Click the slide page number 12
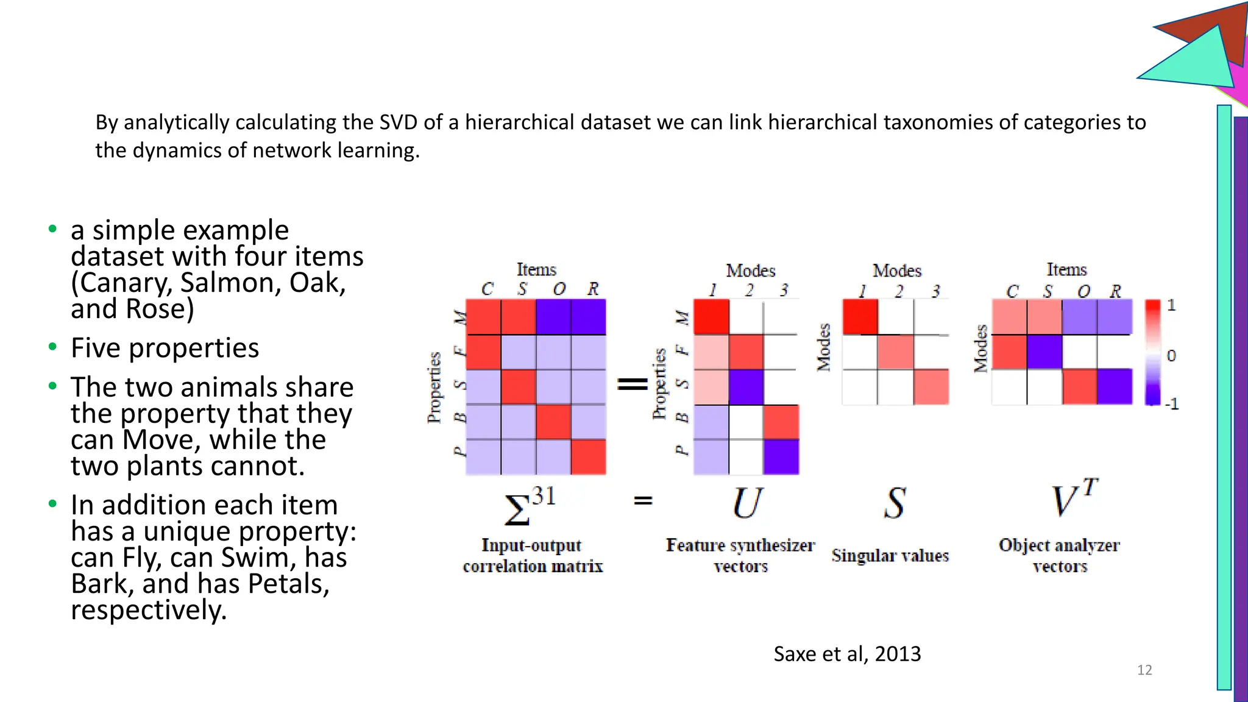[x=1144, y=670]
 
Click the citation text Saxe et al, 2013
[x=846, y=654]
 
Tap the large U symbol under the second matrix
[x=746, y=503]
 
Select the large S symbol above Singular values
[x=895, y=503]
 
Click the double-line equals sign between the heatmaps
[x=633, y=384]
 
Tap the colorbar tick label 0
[x=1171, y=356]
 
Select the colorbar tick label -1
[x=1171, y=404]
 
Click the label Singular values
[x=890, y=556]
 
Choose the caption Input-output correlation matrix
[x=532, y=556]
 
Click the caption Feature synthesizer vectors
[x=740, y=556]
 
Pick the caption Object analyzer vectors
[x=1059, y=556]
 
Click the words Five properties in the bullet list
[x=165, y=349]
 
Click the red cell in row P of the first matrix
[x=588, y=457]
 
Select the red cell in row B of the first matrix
[x=553, y=422]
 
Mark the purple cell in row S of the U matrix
[x=746, y=387]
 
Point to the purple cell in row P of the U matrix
[x=781, y=457]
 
